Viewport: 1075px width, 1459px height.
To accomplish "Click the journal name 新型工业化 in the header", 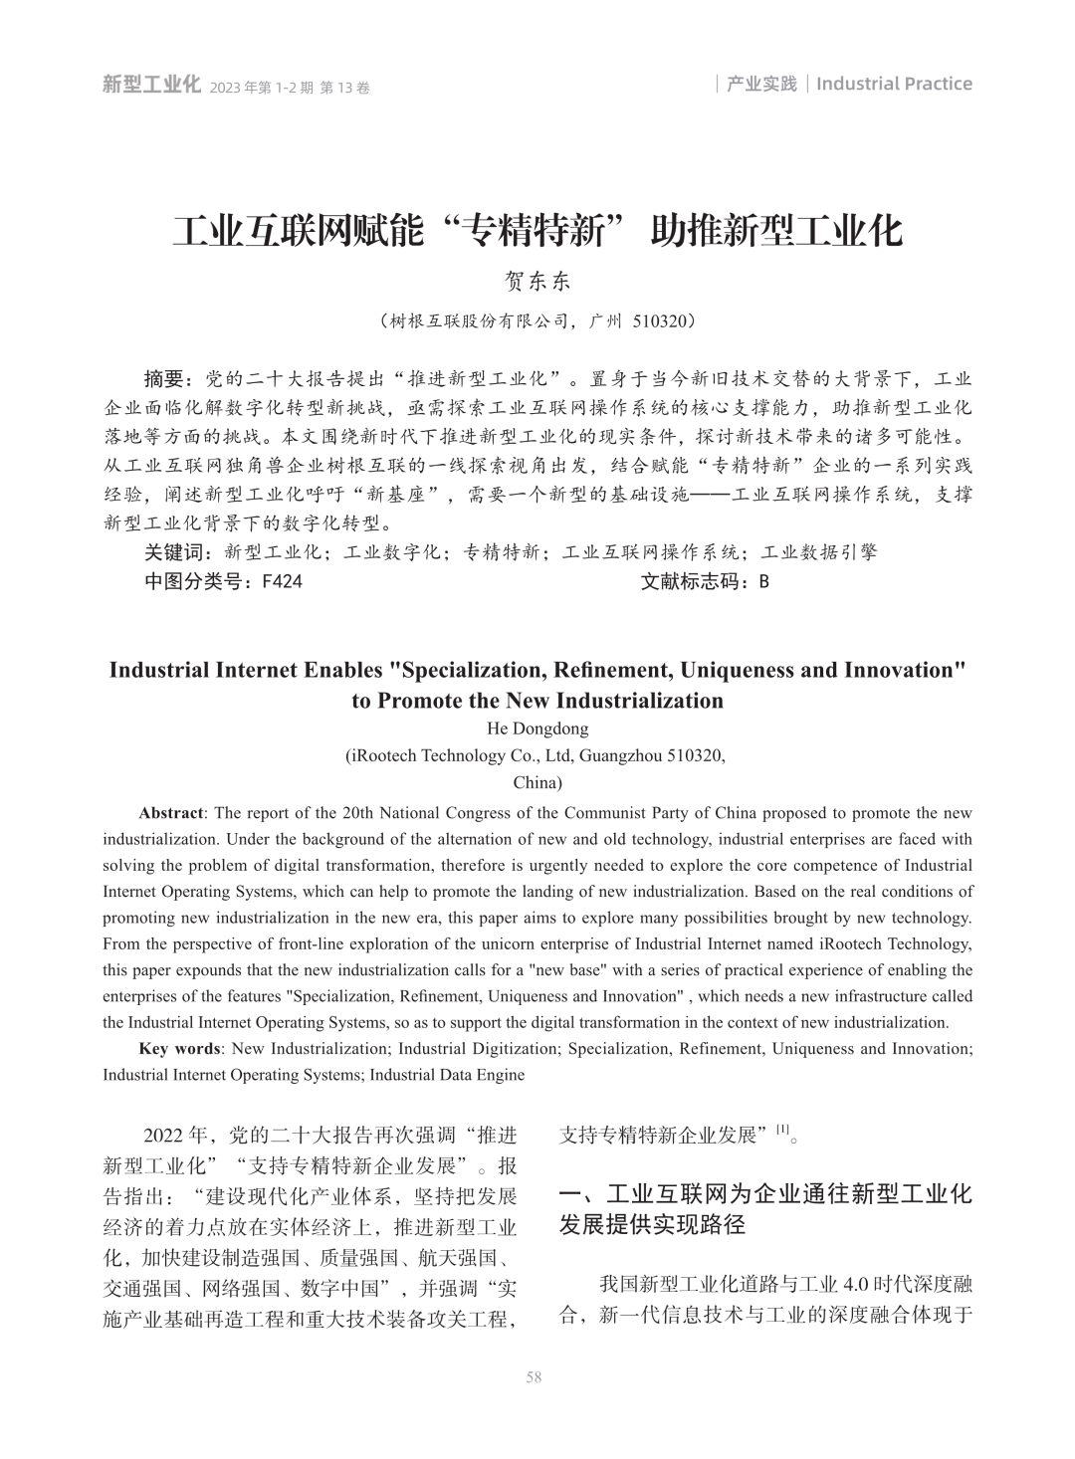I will pos(151,86).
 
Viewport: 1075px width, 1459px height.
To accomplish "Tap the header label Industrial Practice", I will pos(894,84).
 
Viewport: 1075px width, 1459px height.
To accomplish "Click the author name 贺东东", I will pos(537,282).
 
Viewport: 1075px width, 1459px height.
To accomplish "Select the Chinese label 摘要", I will pos(165,379).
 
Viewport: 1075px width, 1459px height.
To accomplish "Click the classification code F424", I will pos(282,582).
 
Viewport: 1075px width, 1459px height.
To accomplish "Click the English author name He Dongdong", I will pos(537,729).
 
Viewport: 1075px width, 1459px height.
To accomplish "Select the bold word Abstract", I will pos(171,813).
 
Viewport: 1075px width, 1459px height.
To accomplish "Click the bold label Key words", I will pos(179,1048).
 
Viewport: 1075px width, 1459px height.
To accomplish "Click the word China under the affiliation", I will pos(537,781).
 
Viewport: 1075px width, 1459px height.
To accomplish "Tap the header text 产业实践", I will pos(761,84).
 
